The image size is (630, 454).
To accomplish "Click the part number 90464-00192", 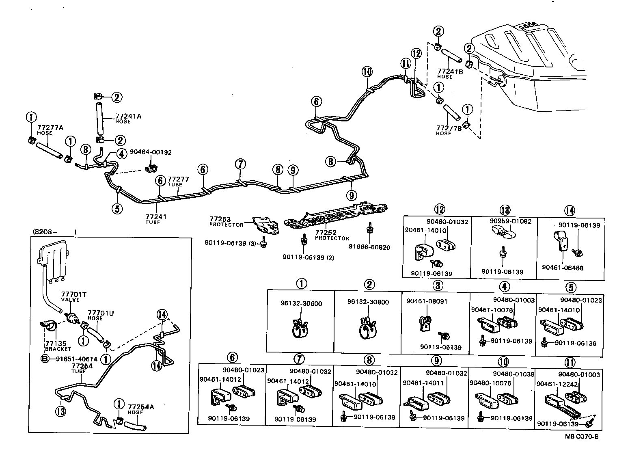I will (151, 152).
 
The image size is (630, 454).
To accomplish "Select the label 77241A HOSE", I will (128, 118).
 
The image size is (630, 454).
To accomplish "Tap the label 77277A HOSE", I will (50, 130).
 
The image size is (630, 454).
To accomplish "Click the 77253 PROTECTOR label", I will (226, 222).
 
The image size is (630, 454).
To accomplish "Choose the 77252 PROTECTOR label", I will (332, 236).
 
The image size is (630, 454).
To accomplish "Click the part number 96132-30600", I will (301, 303).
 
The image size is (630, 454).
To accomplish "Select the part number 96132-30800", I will (368, 302).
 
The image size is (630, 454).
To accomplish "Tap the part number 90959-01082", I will (505, 221).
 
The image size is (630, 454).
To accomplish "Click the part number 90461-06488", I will (563, 268).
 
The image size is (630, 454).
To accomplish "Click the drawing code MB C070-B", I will (581, 437).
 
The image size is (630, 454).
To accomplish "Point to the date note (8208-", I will (44, 233).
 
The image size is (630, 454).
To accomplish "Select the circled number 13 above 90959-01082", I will (505, 210).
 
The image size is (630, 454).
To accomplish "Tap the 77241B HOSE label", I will (450, 74).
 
